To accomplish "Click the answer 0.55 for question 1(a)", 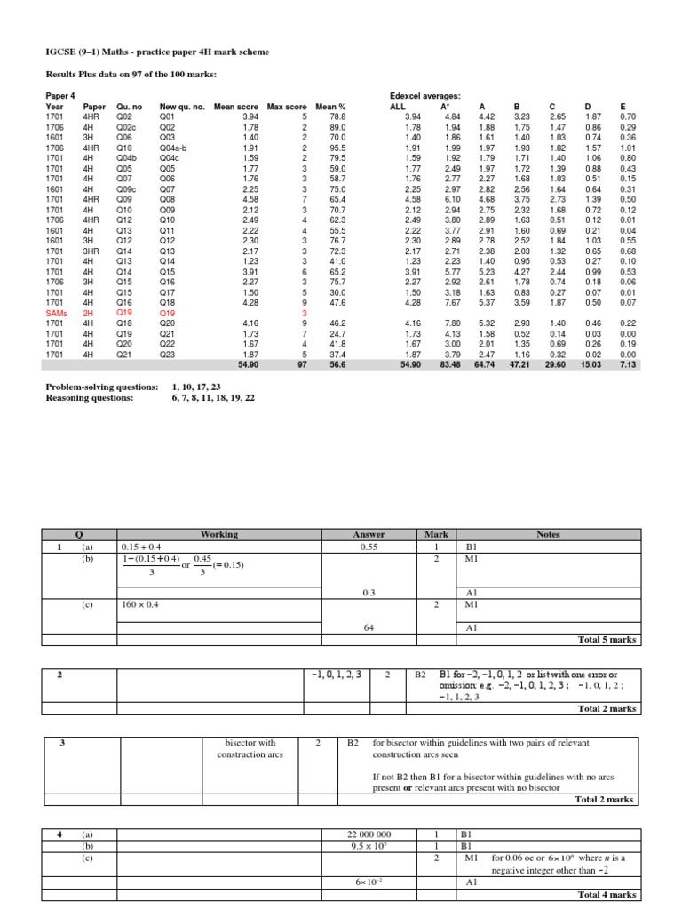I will (369, 547).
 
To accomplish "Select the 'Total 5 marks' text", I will (607, 639).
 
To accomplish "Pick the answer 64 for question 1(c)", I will (369, 627).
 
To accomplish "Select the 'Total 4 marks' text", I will (607, 894).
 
